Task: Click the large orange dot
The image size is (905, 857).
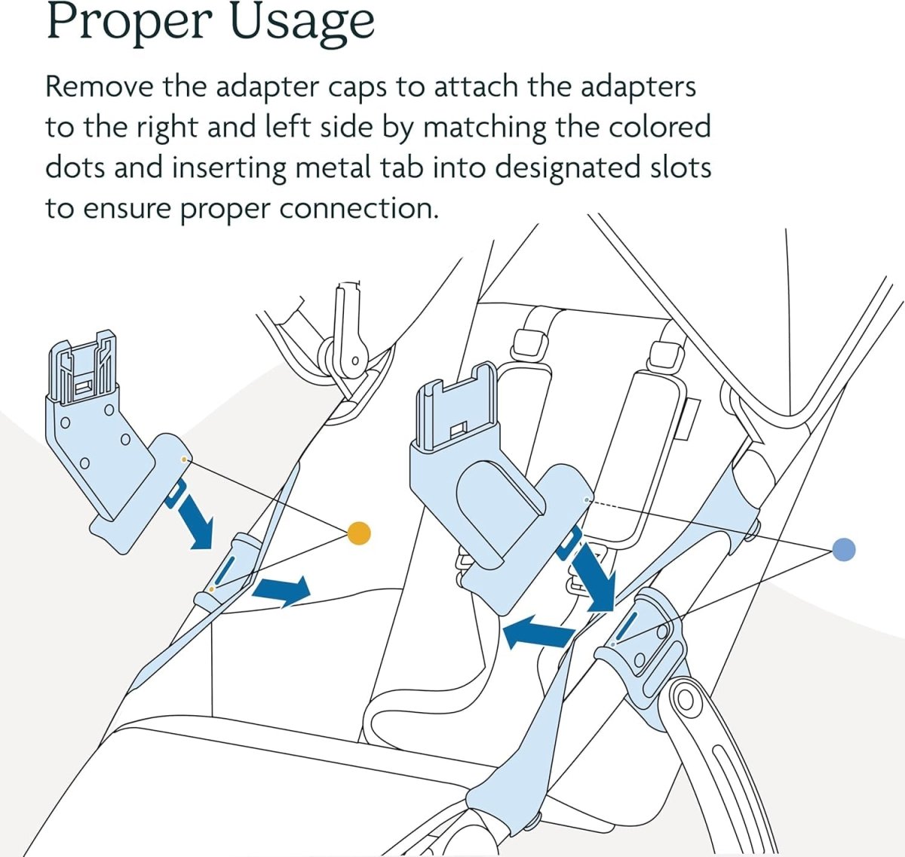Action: click(360, 533)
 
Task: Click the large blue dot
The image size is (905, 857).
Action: click(844, 550)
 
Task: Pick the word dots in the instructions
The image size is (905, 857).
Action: click(76, 167)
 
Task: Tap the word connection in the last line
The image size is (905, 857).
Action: click(358, 208)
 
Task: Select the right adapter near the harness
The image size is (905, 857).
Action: click(490, 483)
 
